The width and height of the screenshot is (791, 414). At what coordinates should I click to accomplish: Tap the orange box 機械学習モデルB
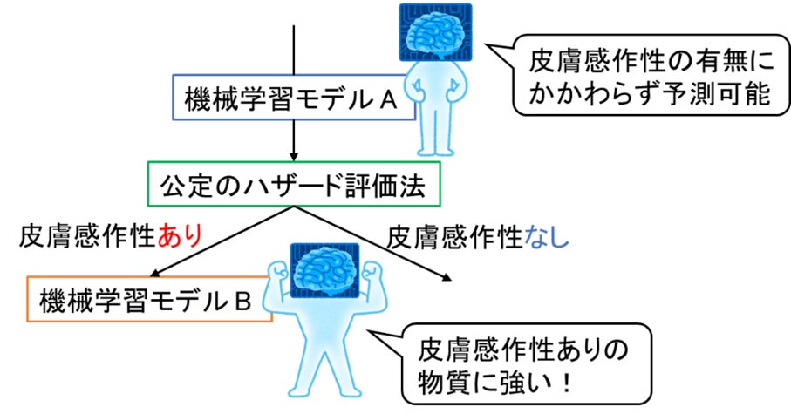[148, 301]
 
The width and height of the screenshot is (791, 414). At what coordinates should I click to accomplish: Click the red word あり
[181, 234]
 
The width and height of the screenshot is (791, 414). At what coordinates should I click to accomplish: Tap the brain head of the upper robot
[435, 32]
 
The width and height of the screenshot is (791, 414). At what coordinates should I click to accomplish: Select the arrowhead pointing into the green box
[295, 156]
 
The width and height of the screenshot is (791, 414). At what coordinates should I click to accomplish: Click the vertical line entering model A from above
[295, 48]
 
